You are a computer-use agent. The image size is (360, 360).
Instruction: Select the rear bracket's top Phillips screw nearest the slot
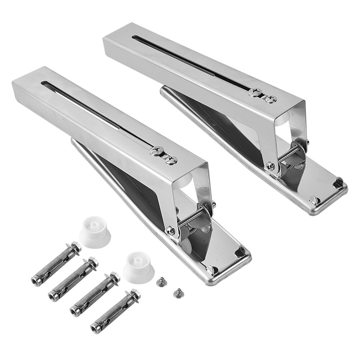click(x=254, y=92)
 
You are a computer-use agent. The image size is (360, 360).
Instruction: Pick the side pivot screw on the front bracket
click(x=171, y=230)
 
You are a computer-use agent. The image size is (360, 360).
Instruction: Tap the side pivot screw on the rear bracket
click(x=270, y=166)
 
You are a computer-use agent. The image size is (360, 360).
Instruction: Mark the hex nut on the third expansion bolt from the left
click(x=114, y=277)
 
